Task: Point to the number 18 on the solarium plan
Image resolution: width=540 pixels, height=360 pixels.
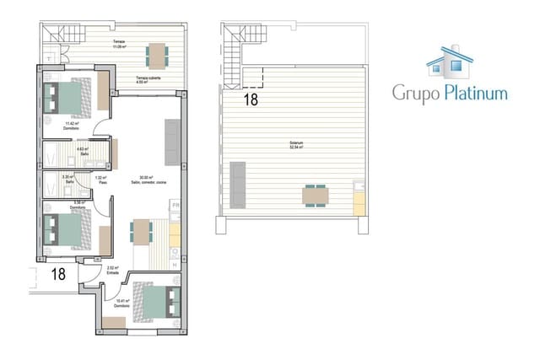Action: [x=251, y=99]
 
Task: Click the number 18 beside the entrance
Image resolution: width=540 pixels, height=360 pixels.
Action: [x=58, y=273]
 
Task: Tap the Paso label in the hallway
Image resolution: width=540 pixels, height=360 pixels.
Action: [x=100, y=180]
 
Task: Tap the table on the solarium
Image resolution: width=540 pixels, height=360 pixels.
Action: [x=316, y=196]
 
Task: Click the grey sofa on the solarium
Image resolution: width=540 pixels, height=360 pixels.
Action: [x=235, y=183]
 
